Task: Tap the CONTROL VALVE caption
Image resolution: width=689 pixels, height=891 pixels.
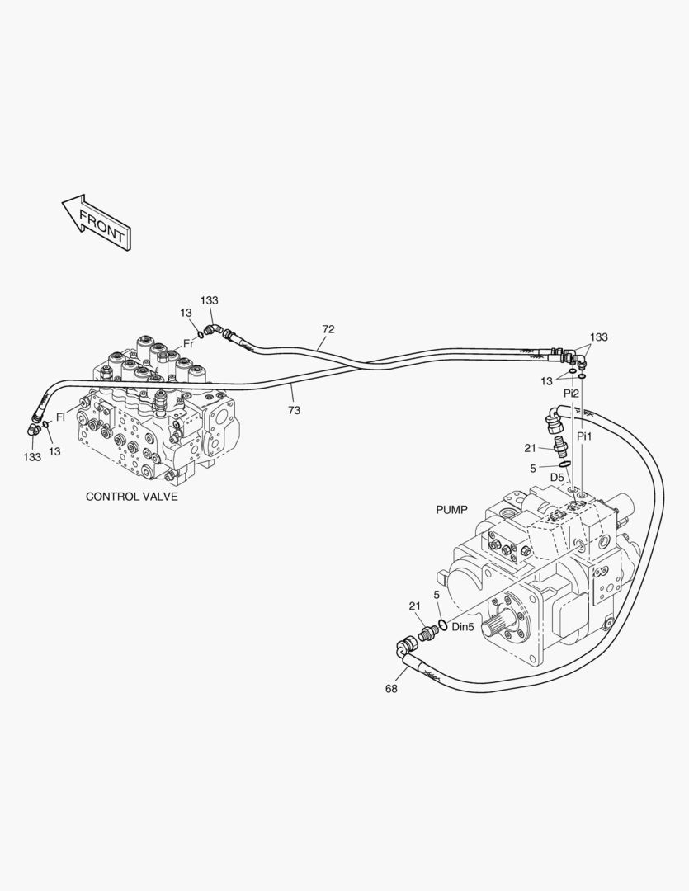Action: (131, 497)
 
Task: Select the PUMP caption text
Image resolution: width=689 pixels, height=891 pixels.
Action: (451, 510)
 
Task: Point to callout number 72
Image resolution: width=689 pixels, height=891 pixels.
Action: (328, 329)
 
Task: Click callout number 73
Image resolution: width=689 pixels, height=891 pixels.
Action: (294, 409)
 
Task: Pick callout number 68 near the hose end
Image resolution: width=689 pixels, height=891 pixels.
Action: (391, 689)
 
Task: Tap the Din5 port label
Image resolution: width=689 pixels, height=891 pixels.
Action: (463, 627)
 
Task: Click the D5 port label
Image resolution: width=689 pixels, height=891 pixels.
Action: (558, 477)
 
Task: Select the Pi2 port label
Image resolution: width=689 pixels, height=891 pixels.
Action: (571, 394)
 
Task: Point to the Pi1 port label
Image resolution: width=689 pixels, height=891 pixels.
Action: (584, 435)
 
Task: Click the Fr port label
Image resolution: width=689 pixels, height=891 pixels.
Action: (188, 343)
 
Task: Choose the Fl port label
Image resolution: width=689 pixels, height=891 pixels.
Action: (60, 417)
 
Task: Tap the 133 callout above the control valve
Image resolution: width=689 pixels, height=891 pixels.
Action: (210, 300)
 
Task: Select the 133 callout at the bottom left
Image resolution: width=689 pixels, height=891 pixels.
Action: (32, 456)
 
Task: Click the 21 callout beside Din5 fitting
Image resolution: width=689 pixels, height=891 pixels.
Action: (415, 606)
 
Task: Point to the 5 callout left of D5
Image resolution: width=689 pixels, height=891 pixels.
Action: (533, 469)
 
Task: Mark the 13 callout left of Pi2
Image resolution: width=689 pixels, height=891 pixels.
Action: (547, 381)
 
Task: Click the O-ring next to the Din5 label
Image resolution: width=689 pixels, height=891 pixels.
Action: (442, 624)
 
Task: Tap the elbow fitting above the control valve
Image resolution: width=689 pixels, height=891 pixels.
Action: (212, 330)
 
